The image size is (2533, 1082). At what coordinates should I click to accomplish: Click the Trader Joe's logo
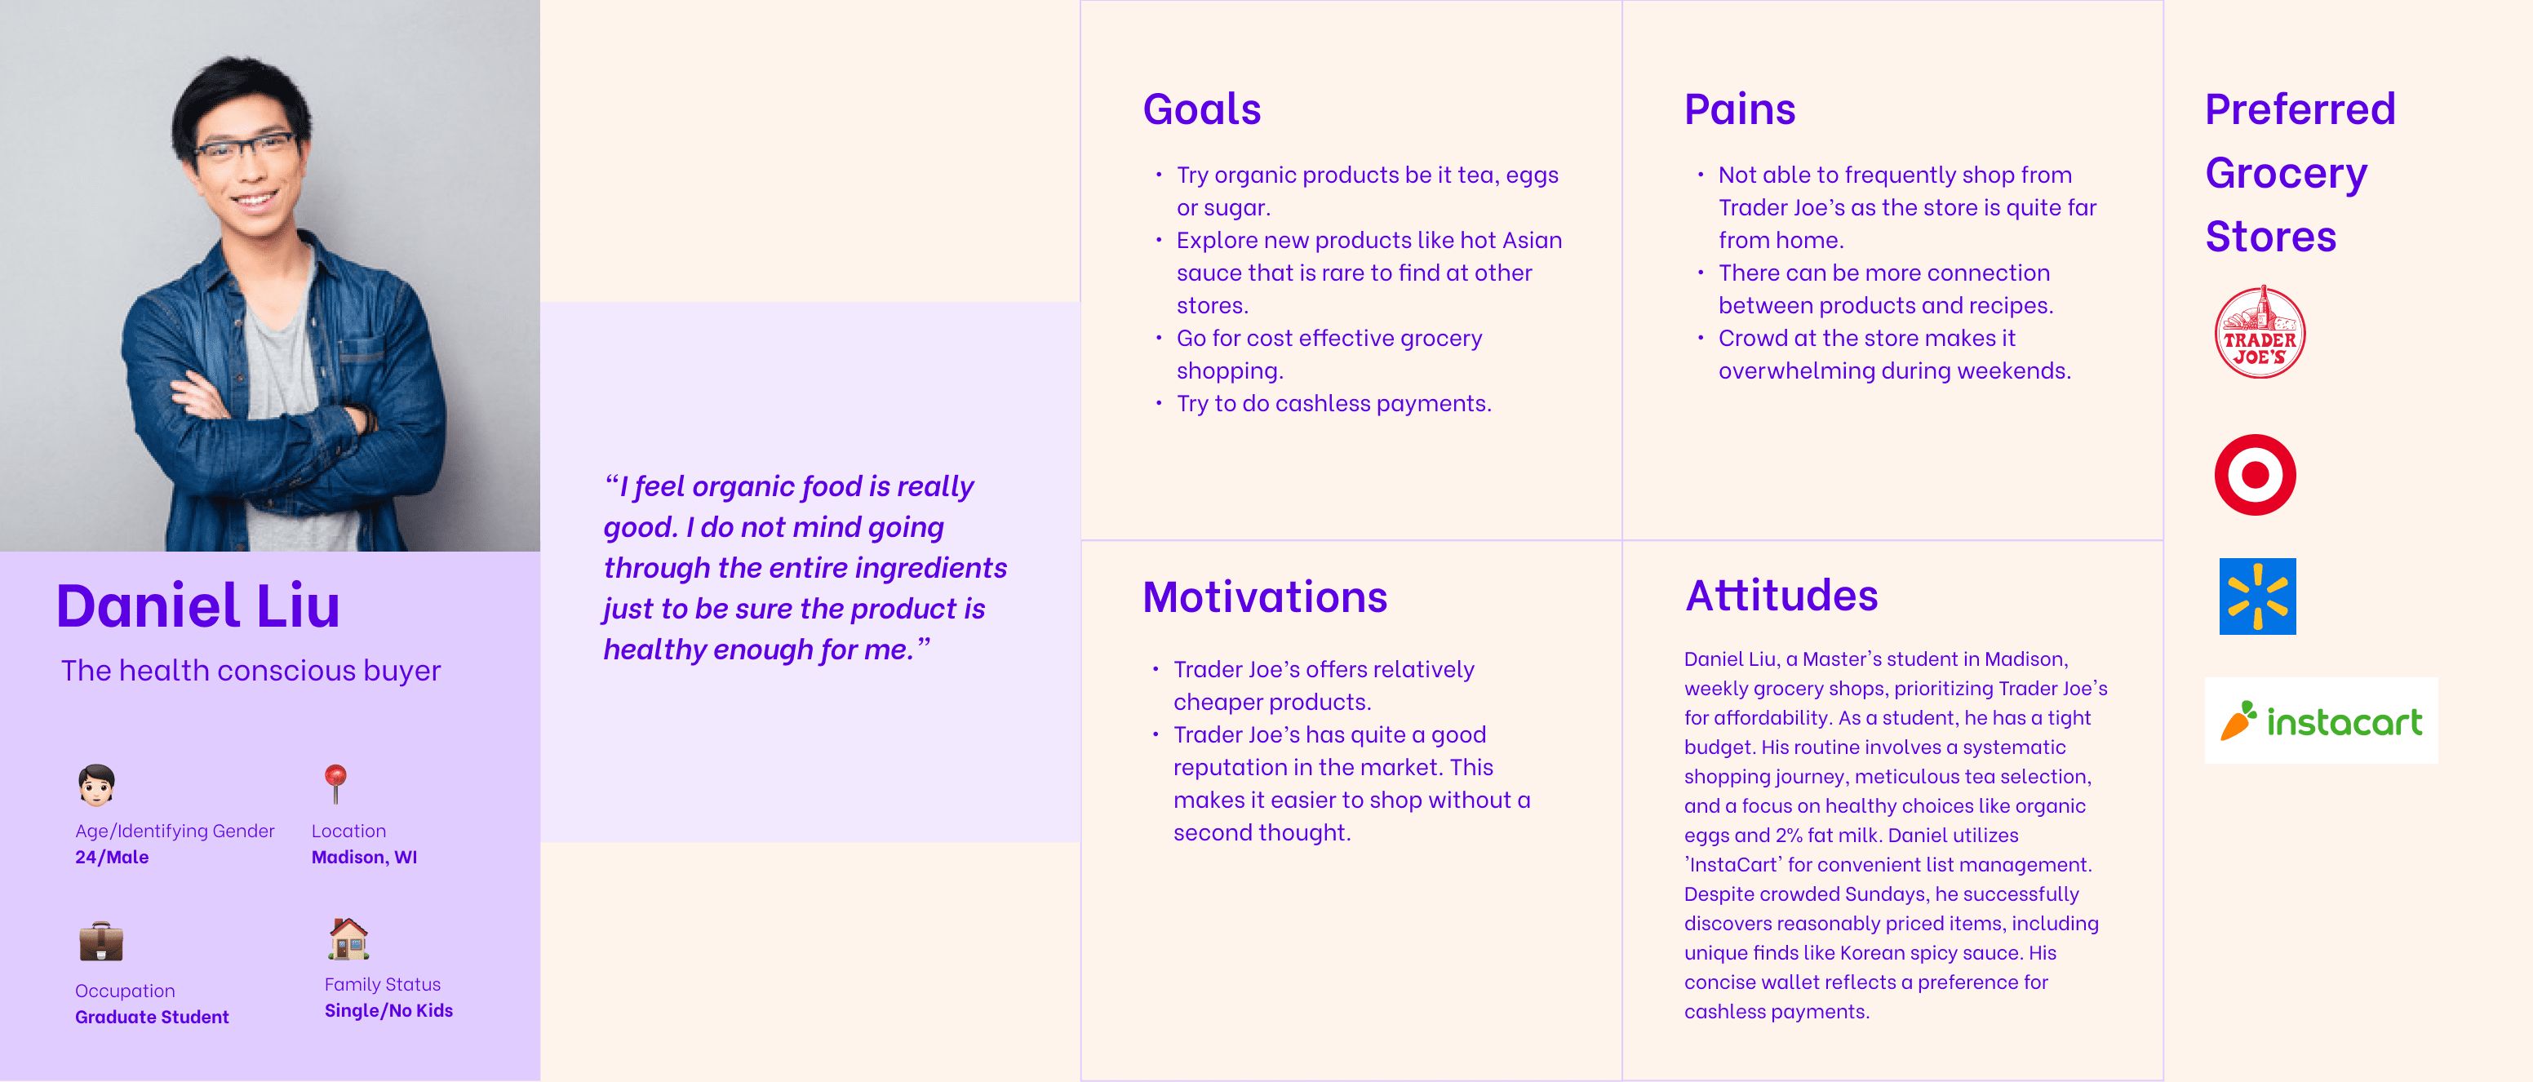click(2260, 332)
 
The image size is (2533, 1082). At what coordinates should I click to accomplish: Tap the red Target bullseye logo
click(2255, 475)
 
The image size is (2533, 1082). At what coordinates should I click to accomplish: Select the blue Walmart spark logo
click(2258, 596)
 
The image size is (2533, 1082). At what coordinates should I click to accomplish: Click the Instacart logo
click(2321, 721)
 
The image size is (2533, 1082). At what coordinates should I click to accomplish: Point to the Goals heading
click(1201, 109)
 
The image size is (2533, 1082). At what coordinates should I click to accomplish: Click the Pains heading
click(1740, 109)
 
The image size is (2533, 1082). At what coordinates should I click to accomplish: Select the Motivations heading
click(1265, 597)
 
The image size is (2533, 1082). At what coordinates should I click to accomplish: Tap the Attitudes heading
click(1781, 595)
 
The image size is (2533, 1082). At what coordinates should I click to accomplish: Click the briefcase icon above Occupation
click(101, 942)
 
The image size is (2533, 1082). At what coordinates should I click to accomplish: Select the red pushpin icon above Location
click(335, 784)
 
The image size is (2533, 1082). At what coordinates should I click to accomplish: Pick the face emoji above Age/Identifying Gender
click(96, 785)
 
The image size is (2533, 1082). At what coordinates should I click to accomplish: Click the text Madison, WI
click(364, 857)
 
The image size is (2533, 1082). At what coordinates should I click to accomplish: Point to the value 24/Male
click(112, 857)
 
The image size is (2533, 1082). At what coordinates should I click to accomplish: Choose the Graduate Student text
click(153, 1017)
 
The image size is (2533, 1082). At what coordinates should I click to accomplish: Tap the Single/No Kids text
click(388, 1010)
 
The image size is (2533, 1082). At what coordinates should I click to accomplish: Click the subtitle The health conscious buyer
click(251, 671)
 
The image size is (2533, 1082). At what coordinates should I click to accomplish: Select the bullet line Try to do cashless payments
click(1333, 403)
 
